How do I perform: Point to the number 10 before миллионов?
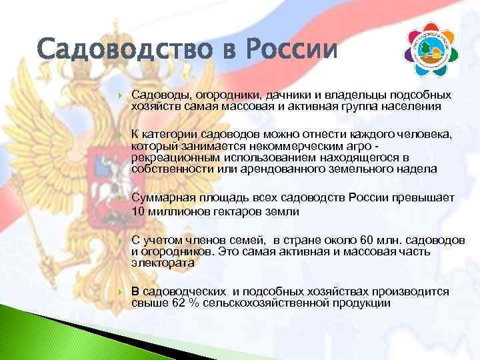tap(138, 211)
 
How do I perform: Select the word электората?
tap(163, 263)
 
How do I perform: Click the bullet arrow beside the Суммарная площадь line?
tap(118, 199)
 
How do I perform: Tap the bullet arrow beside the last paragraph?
tap(118, 293)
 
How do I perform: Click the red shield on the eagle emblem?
tap(106, 171)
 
